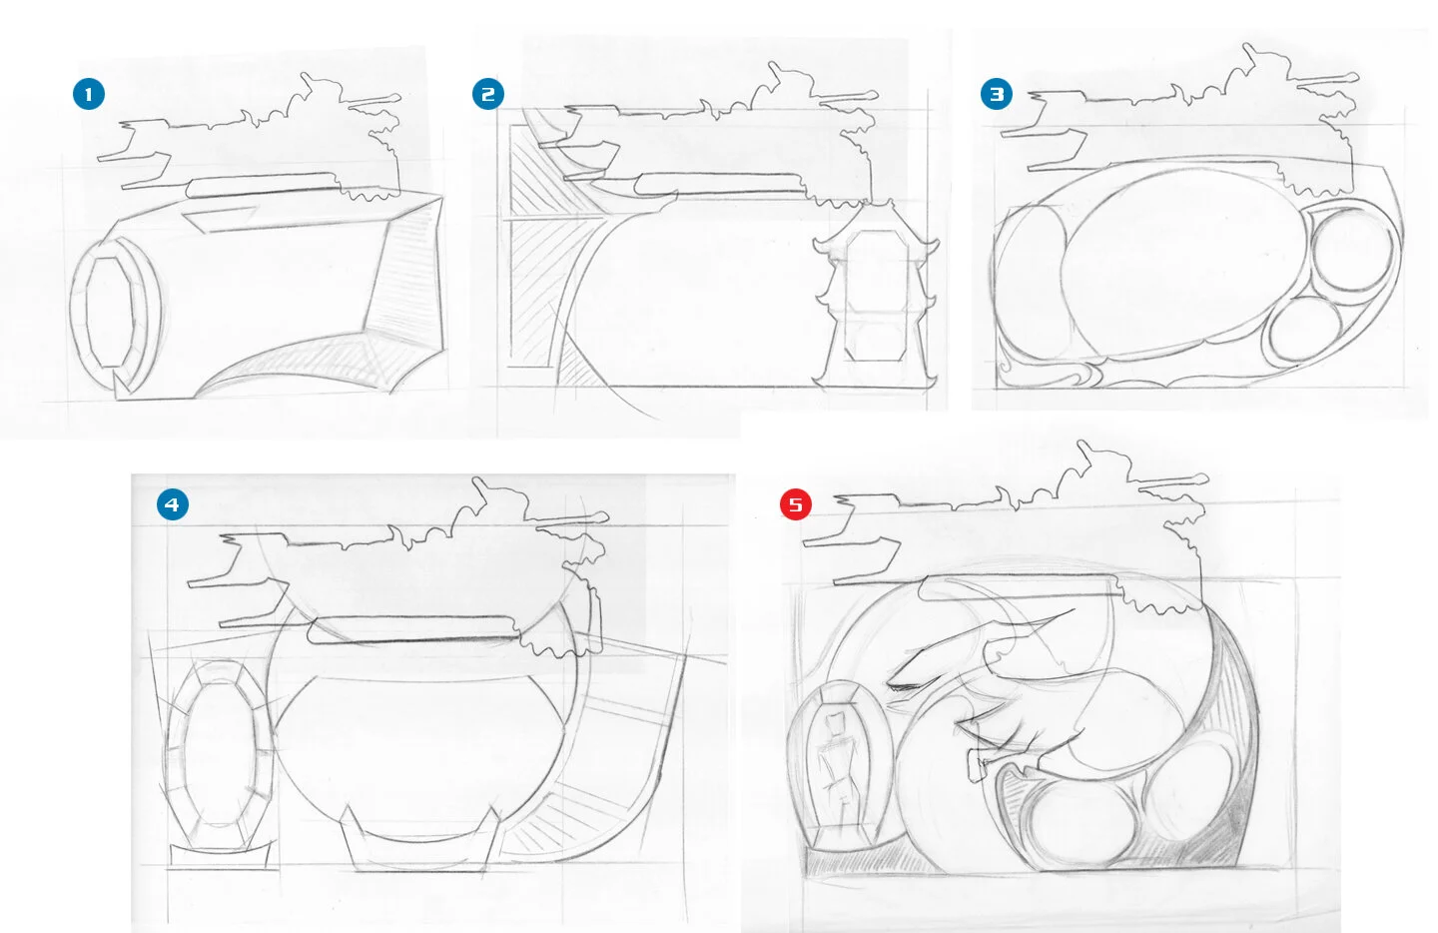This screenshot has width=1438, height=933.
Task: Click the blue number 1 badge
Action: click(89, 94)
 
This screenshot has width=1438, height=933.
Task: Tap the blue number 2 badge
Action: click(488, 94)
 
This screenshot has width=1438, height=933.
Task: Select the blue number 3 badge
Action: click(997, 94)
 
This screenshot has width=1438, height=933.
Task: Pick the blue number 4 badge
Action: click(173, 504)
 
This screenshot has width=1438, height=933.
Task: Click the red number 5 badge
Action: click(796, 504)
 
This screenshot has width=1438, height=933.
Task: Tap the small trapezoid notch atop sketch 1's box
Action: click(222, 219)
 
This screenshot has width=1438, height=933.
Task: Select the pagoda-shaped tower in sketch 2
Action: click(876, 295)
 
